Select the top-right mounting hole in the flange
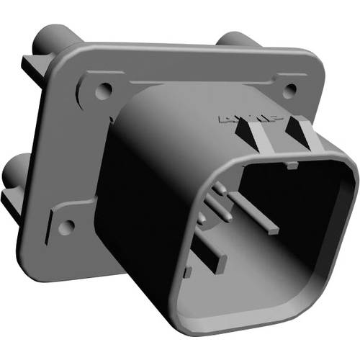click(x=291, y=91)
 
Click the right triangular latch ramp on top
click(x=297, y=130)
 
